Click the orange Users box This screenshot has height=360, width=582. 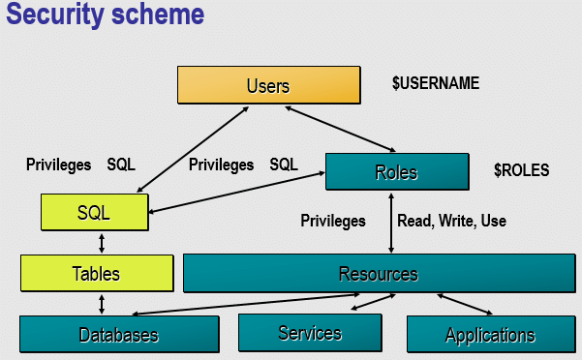[x=269, y=85]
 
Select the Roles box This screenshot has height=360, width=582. [x=397, y=171]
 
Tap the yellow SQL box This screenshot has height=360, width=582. [x=95, y=213]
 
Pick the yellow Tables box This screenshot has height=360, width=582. [x=97, y=273]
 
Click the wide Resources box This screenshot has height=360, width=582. [x=380, y=273]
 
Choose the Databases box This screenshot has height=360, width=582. [x=119, y=334]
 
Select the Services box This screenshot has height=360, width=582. [x=310, y=333]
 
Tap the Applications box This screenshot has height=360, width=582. [x=491, y=334]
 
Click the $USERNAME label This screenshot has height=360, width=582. [x=436, y=83]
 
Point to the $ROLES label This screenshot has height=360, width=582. [x=522, y=170]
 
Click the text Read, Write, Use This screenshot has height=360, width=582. [x=451, y=221]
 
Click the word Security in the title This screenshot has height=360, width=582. [x=55, y=15]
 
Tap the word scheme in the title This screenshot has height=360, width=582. [x=158, y=15]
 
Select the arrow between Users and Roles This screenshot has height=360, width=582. [x=340, y=129]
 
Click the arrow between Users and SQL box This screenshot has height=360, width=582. [x=193, y=149]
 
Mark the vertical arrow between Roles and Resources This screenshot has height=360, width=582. [x=391, y=223]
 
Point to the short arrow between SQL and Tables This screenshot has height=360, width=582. [x=102, y=243]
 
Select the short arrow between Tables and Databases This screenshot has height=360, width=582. [x=102, y=305]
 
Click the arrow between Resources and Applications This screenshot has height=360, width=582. [x=465, y=305]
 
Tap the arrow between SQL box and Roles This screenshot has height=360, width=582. [x=236, y=193]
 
